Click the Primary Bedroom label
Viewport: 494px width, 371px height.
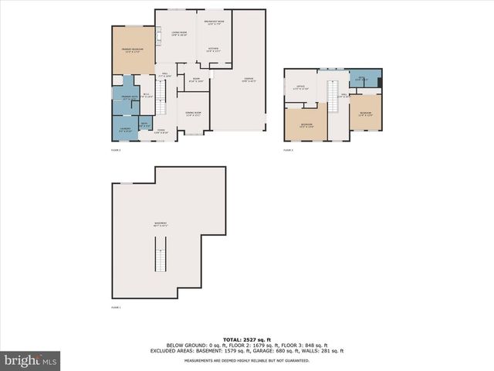point(132,49)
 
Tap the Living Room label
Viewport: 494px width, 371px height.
point(178,33)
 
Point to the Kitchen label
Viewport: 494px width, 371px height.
point(214,49)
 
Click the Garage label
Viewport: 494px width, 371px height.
point(248,80)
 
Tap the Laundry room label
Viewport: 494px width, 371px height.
point(124,129)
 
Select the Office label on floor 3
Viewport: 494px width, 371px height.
point(301,87)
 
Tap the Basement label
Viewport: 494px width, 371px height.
point(161,224)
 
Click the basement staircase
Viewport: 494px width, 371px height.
point(161,255)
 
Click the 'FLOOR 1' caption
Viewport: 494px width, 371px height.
point(116,307)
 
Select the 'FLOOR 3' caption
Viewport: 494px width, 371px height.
point(289,150)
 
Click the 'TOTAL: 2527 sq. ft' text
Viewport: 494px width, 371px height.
point(247,339)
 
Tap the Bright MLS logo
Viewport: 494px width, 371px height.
point(31,360)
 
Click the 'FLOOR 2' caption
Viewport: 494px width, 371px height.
point(116,150)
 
